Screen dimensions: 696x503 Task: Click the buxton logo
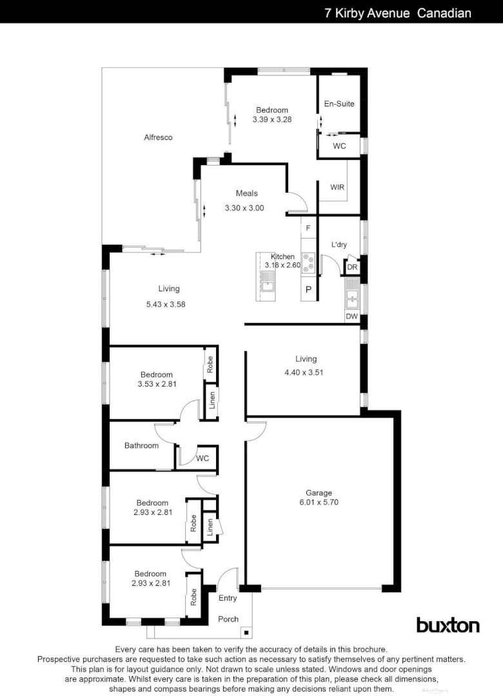click(448, 625)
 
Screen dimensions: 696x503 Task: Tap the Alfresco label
click(158, 137)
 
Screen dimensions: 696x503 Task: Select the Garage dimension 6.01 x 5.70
click(319, 503)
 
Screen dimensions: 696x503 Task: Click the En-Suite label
click(339, 104)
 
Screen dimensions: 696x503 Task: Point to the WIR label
click(337, 188)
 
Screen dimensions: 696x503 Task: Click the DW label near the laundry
click(351, 316)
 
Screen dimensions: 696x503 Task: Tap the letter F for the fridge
click(308, 228)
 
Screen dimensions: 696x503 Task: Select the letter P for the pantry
click(308, 290)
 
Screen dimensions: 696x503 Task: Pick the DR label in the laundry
click(352, 267)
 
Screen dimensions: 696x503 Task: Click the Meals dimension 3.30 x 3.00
click(244, 208)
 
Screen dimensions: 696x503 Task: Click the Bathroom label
click(141, 445)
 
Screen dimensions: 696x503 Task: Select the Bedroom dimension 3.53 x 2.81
click(157, 384)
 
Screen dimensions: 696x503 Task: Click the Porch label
click(228, 619)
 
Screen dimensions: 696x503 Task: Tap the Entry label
click(228, 598)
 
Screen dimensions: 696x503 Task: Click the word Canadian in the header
click(444, 13)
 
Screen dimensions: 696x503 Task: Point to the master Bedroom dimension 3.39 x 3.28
click(271, 120)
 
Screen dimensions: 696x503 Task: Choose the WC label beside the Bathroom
click(202, 458)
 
